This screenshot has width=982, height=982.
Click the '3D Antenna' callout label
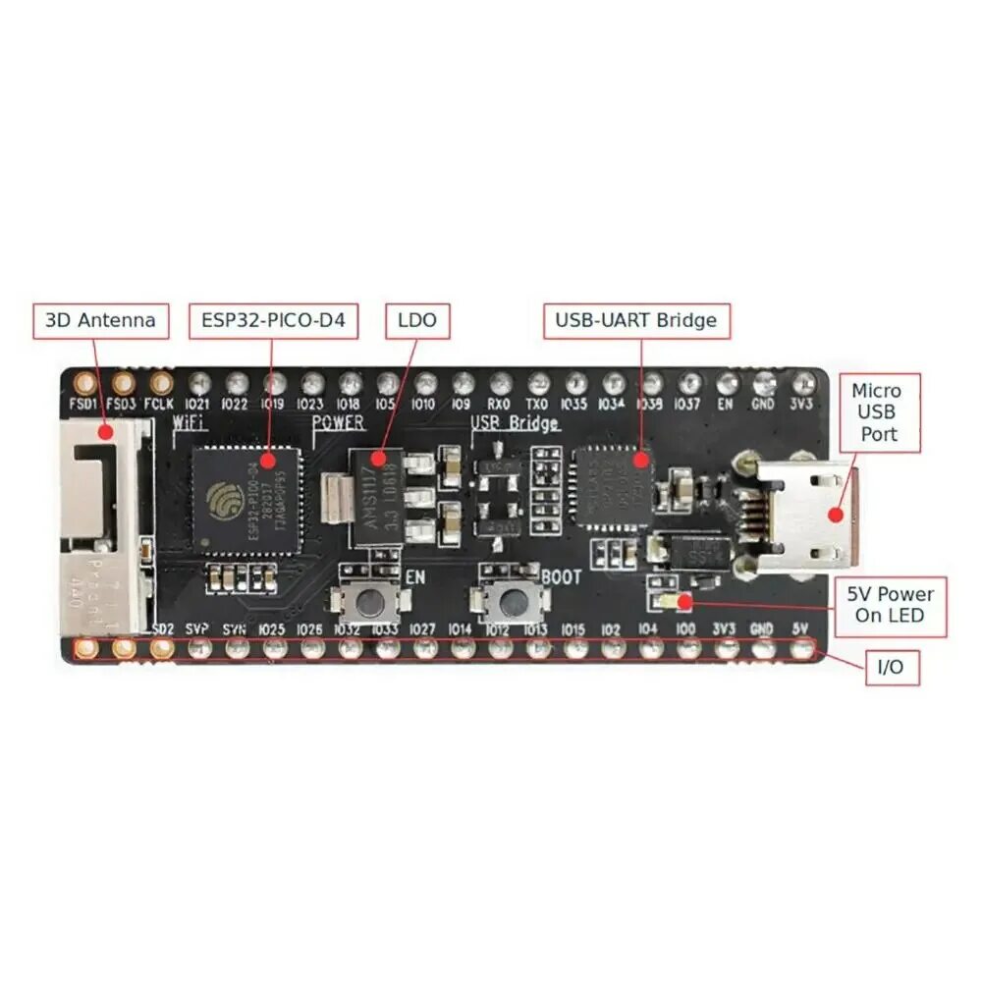(100, 320)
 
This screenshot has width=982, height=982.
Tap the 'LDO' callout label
(417, 320)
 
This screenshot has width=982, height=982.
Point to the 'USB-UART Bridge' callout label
(636, 320)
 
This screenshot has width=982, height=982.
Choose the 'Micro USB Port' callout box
(876, 411)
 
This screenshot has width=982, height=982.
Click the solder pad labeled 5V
(803, 648)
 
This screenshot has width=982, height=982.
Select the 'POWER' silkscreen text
(338, 423)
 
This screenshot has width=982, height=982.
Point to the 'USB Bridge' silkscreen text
(516, 423)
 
